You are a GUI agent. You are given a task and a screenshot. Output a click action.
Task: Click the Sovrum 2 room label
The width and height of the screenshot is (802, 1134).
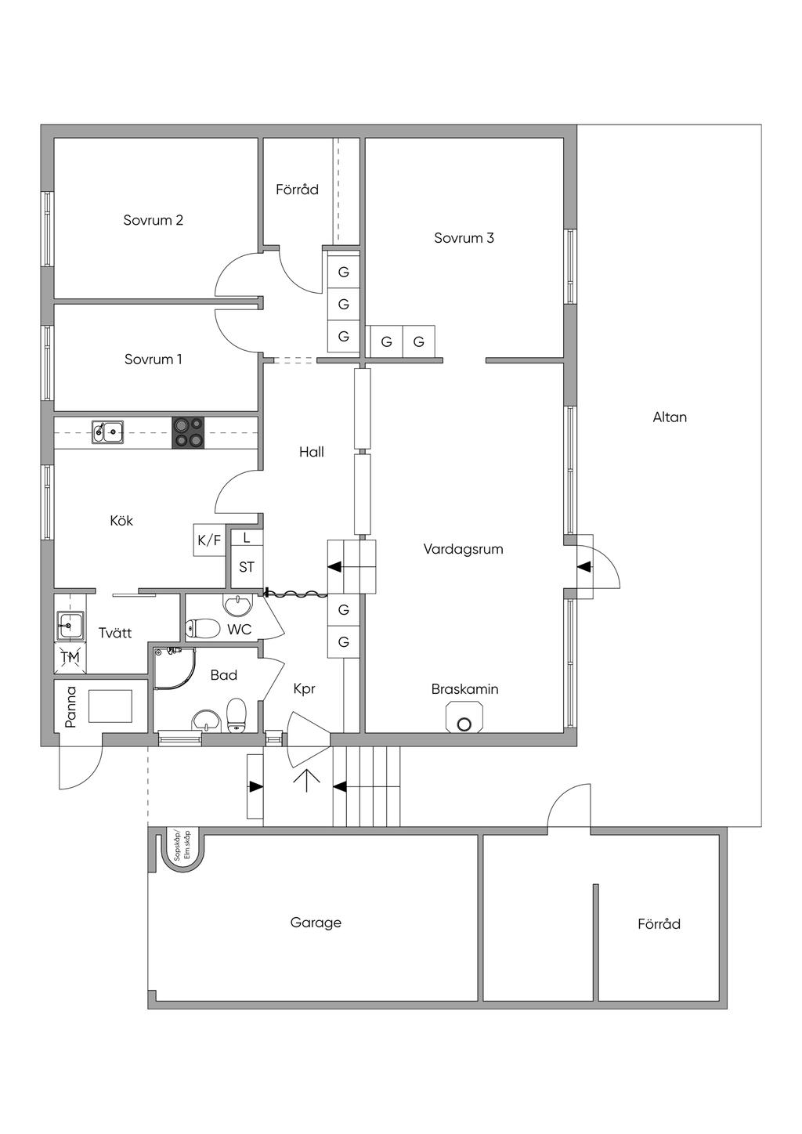coord(153,220)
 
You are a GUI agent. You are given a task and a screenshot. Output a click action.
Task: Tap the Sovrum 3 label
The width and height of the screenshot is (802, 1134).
coord(464,237)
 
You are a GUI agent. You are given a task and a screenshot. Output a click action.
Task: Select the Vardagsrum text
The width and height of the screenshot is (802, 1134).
coord(463,549)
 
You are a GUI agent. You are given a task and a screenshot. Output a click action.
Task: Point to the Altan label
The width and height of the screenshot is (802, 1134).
coord(670,417)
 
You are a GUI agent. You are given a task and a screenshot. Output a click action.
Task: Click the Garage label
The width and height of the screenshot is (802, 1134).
coord(316,923)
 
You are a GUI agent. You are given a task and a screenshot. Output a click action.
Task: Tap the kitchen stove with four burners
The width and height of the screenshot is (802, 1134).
coord(188,432)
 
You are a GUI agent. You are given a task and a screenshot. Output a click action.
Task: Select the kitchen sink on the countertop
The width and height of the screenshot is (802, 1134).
coord(107,432)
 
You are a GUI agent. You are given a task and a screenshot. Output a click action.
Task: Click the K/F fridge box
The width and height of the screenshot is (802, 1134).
coord(209,540)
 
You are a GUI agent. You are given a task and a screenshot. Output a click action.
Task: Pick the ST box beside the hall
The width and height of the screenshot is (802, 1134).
coord(246,567)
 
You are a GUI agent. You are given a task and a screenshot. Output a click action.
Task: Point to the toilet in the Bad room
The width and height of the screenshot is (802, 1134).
coord(237,715)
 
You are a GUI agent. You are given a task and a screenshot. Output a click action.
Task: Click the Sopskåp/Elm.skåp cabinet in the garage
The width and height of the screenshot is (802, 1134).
coord(182,849)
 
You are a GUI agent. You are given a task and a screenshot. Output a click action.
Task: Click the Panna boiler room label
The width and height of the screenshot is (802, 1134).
coord(70,706)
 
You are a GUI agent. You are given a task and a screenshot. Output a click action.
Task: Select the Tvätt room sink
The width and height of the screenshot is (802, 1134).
coord(70,625)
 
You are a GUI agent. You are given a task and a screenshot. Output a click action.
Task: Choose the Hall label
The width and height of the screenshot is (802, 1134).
coord(311,452)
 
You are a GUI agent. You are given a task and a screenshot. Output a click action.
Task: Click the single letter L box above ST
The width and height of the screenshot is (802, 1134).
coord(247,538)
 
